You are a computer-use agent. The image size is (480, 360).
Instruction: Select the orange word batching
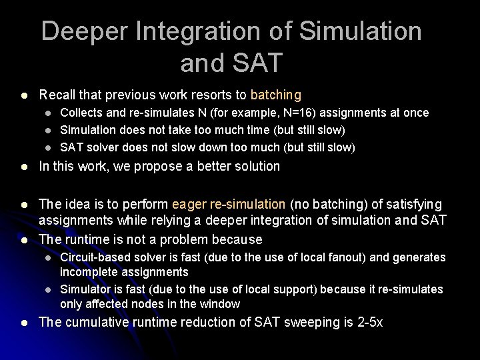276,95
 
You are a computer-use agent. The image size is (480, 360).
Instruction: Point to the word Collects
83,113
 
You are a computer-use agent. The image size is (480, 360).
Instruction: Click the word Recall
58,95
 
